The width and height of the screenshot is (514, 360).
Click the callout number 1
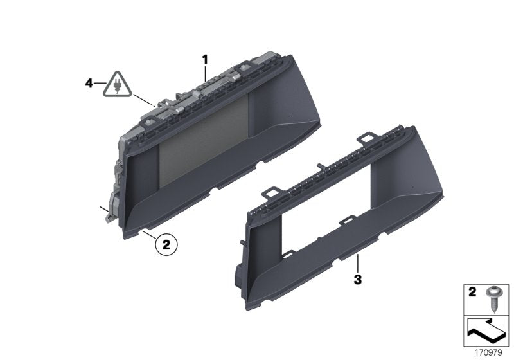pos(206,59)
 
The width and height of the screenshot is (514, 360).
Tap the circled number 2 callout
pos(166,244)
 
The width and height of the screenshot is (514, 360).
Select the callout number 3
pos(358,280)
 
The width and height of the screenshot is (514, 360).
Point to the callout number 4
pos(89,82)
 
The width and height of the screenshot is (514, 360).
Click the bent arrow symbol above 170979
pos(488,331)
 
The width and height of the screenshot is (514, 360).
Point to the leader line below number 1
pos(206,74)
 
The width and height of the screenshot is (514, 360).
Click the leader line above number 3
pos(358,264)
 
